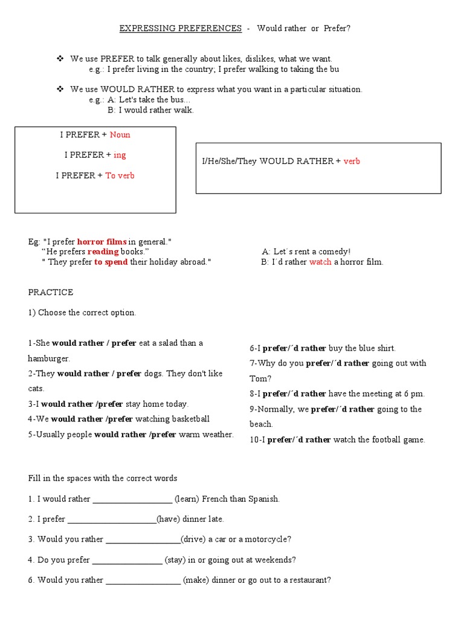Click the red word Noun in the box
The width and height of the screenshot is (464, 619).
(x=120, y=135)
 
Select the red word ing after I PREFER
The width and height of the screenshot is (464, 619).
(x=120, y=155)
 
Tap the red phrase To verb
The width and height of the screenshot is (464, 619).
(x=120, y=176)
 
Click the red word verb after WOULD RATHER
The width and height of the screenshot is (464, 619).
(x=352, y=161)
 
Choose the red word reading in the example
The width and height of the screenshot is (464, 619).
(x=103, y=251)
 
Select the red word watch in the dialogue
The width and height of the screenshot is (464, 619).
(x=320, y=262)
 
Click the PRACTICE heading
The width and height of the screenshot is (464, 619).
(x=51, y=293)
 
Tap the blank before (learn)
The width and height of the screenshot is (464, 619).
(x=132, y=500)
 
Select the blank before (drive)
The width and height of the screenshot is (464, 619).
(x=143, y=540)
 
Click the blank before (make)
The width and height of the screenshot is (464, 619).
(x=143, y=580)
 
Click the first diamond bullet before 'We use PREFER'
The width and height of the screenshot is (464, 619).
(x=60, y=59)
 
